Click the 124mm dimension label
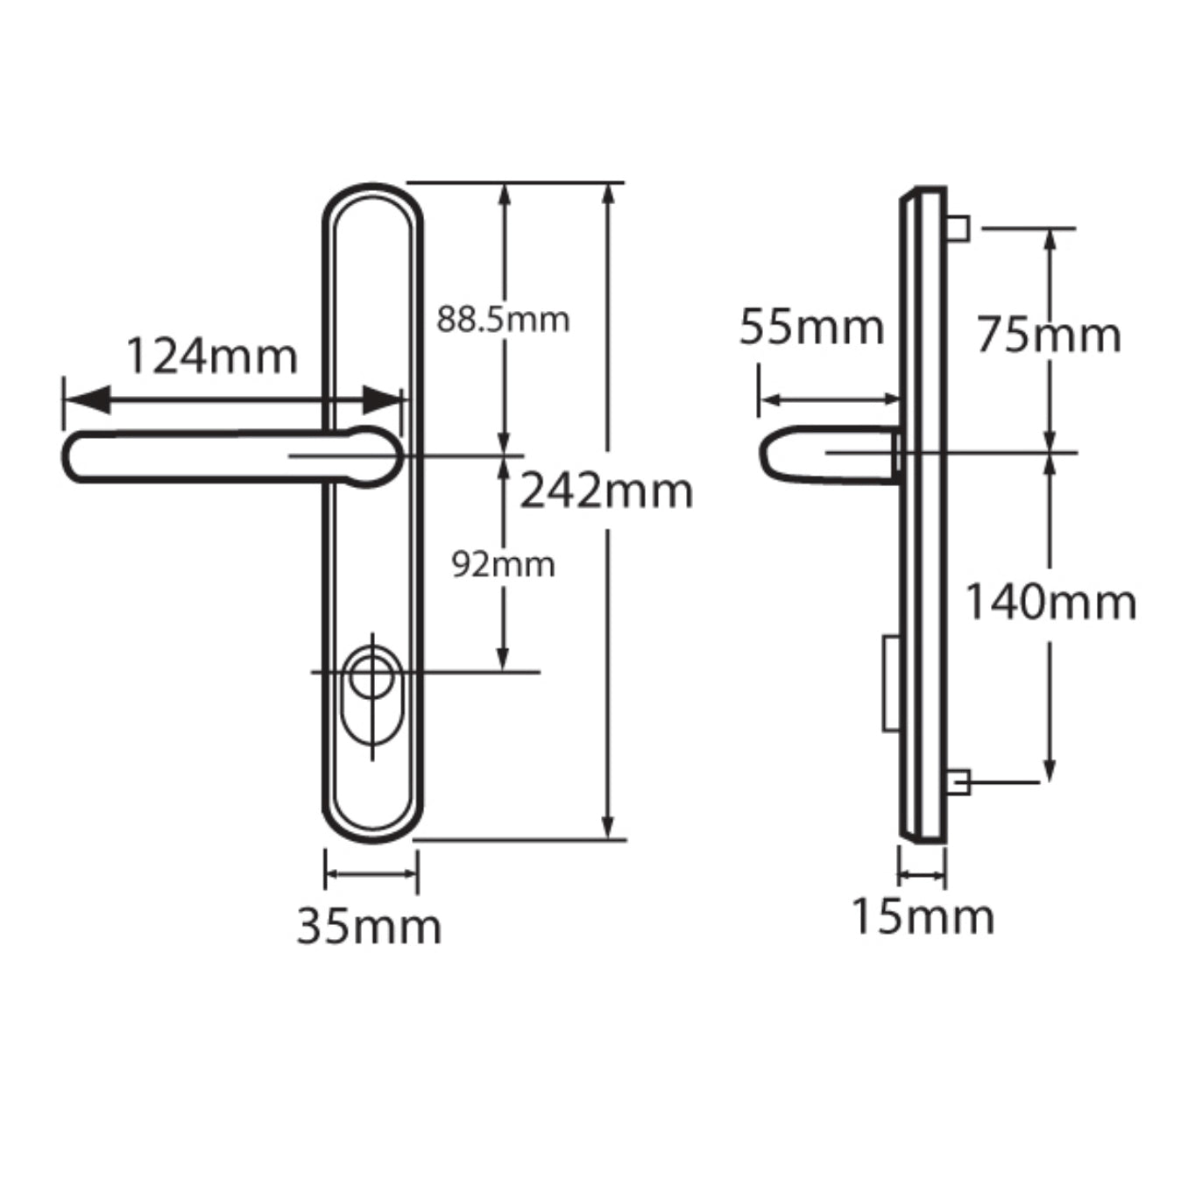pyautogui.click(x=212, y=357)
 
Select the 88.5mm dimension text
pyautogui.click(x=503, y=320)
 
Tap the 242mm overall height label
pyautogui.click(x=606, y=491)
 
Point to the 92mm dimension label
pyautogui.click(x=503, y=565)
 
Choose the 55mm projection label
pyautogui.click(x=811, y=328)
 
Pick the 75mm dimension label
pyautogui.click(x=1049, y=335)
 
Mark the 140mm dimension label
pyautogui.click(x=1050, y=603)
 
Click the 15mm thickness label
pyautogui.click(x=923, y=917)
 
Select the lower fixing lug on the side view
pyautogui.click(x=958, y=780)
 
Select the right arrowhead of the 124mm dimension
pyautogui.click(x=383, y=402)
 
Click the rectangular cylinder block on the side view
pyautogui.click(x=891, y=683)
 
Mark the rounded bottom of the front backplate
pyautogui.click(x=372, y=832)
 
